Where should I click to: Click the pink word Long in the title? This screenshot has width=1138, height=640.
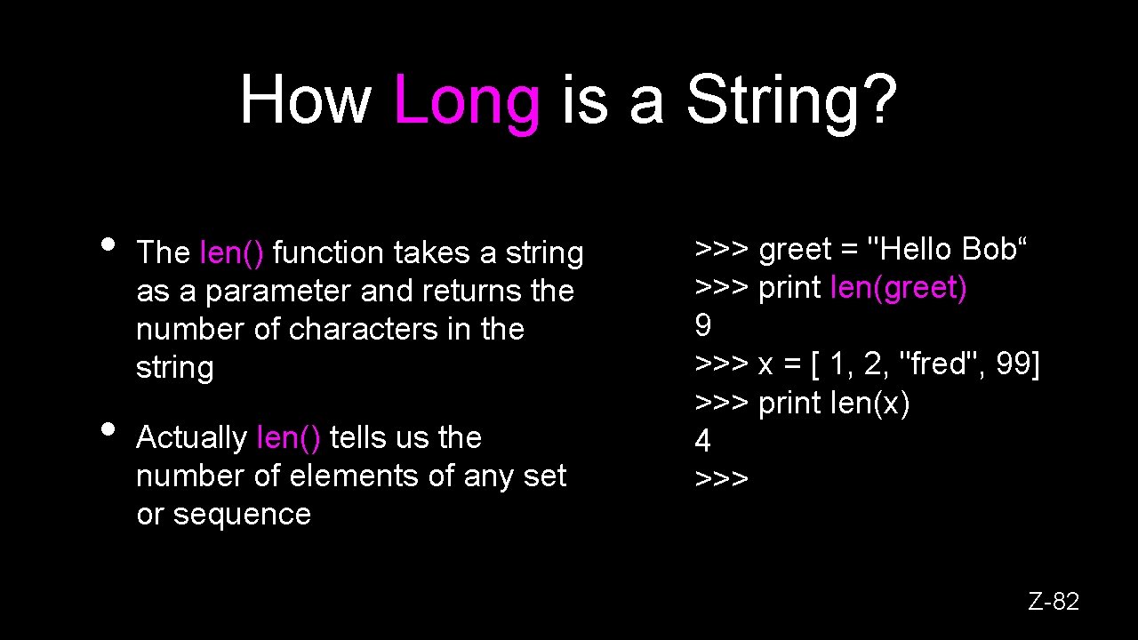[x=465, y=100]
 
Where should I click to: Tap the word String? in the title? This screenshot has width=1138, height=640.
[x=791, y=100]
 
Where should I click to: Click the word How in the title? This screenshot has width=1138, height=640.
[x=305, y=100]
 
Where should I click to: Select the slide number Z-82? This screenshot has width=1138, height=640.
[x=1054, y=602]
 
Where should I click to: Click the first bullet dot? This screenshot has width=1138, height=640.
[x=108, y=244]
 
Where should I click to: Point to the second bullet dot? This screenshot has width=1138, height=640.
[x=108, y=428]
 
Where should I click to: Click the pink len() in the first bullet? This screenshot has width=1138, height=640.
[x=232, y=253]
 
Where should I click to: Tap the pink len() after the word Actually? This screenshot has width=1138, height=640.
[x=288, y=437]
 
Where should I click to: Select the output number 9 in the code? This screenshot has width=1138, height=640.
[x=702, y=326]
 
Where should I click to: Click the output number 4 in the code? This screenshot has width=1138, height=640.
[x=702, y=441]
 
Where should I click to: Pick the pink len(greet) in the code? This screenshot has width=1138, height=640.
[x=898, y=288]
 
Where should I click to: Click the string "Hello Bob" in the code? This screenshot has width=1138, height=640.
[x=947, y=250]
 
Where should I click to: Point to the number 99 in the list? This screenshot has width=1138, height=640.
[x=1013, y=364]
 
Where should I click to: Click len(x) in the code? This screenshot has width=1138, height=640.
[x=870, y=403]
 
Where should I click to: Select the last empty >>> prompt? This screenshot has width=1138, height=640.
[x=721, y=479]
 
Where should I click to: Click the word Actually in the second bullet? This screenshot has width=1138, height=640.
[x=191, y=437]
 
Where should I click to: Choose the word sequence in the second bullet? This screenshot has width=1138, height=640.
[x=242, y=515]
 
